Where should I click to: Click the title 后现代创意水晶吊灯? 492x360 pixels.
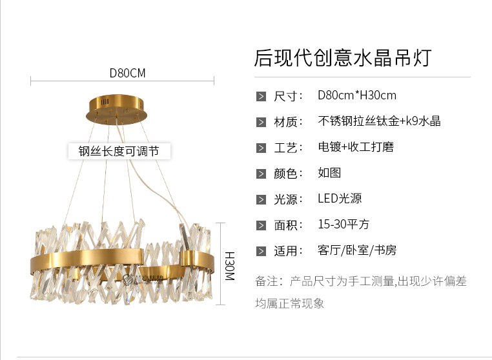pos(342,57)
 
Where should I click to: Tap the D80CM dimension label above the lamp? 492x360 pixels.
pos(127,73)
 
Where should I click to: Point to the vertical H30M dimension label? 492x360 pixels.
pos(229,265)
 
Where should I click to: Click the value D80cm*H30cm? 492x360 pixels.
pos(356,95)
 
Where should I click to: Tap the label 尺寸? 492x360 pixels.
pos(288,96)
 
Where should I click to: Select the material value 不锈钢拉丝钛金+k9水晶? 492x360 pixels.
pos(379,121)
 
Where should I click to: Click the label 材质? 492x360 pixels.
pos(288,122)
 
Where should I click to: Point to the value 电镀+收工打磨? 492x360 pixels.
pos(355,147)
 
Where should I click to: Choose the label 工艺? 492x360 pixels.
pos(288,148)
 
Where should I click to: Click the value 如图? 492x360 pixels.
pos(329,173)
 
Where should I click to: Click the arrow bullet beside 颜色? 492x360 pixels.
pos(261,174)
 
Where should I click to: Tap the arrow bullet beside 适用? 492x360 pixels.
pos(261,251)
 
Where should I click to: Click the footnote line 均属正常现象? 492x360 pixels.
pos(289,303)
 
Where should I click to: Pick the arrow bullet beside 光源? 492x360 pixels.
pos(261,199)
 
